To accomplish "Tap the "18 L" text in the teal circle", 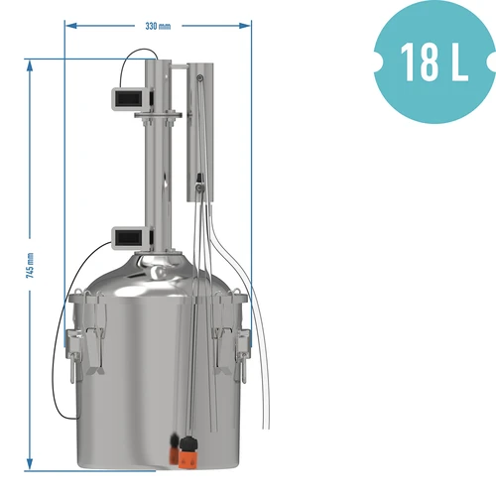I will point(434,61).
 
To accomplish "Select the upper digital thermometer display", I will point(129,100).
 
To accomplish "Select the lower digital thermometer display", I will point(129,238).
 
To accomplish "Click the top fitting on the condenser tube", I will point(198,77).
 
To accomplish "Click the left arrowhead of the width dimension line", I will point(67,27).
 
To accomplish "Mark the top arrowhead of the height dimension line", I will point(31,62).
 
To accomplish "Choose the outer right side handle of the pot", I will point(243,342).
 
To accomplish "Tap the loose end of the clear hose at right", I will point(264,427).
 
